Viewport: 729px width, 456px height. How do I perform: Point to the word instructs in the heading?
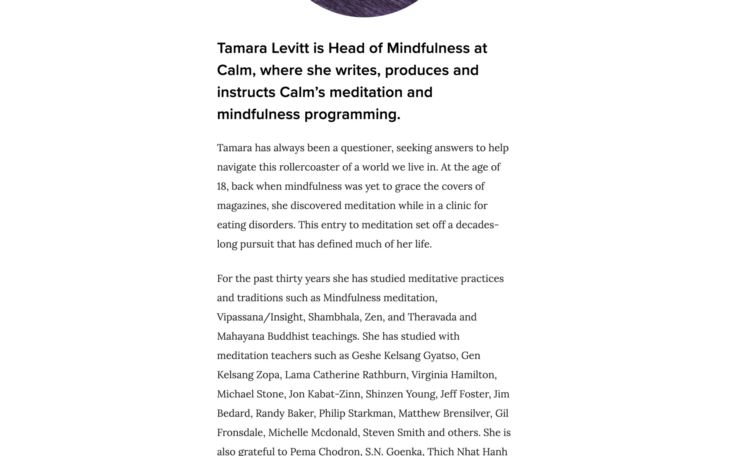pos(246,92)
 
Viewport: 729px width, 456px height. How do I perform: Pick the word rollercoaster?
pos(309,167)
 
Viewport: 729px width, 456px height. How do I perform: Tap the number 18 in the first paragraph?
pos(222,187)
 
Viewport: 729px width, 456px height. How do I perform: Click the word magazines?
pos(242,206)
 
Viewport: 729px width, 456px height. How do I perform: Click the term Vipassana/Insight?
pos(260,317)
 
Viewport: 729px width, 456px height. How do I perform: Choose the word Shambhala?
pos(333,317)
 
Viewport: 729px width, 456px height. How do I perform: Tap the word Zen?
pos(373,317)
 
